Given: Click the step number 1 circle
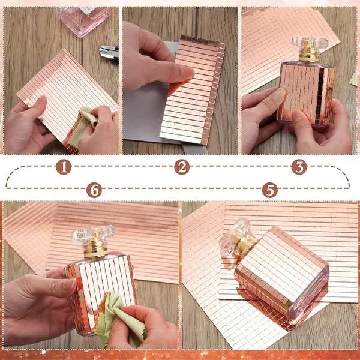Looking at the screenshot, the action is [x=64, y=167].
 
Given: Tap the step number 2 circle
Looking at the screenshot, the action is [x=182, y=167].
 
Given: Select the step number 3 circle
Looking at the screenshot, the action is [x=299, y=167].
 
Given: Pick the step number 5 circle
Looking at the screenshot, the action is [x=270, y=190].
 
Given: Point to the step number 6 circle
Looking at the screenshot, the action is [x=94, y=190].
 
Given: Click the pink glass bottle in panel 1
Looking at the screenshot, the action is [x=85, y=20].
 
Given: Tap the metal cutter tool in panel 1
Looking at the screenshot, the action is [x=109, y=53].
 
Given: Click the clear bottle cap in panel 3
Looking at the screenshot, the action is [x=309, y=43].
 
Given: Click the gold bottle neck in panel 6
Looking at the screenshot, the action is [x=95, y=247].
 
